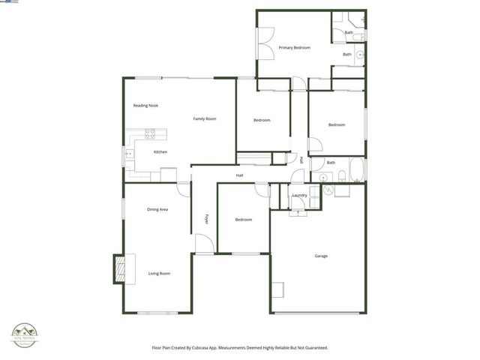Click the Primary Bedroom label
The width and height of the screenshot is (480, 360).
(x=294, y=48)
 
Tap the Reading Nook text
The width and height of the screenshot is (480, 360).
(x=145, y=106)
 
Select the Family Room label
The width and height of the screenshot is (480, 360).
(x=205, y=118)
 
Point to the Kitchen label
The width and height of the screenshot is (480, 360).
(x=160, y=152)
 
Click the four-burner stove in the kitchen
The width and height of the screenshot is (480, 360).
(x=150, y=135)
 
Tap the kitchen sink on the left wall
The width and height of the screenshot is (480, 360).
(x=127, y=156)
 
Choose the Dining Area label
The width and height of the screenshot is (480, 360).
(x=157, y=209)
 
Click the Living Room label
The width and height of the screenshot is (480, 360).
(x=158, y=274)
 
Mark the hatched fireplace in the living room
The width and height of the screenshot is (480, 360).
(x=118, y=268)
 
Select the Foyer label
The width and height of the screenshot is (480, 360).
(x=206, y=220)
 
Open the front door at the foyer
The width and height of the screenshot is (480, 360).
(x=203, y=244)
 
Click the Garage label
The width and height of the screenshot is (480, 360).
(x=320, y=256)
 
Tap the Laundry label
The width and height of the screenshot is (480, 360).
(x=300, y=196)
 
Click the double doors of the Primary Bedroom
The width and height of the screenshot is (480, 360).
(x=265, y=48)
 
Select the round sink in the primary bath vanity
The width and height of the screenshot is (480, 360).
(x=361, y=54)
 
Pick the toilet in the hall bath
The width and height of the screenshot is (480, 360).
(x=340, y=176)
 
